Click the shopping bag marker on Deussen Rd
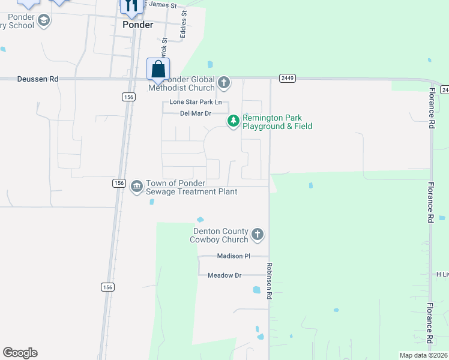[158, 70]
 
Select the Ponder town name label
[137, 25]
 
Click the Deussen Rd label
[38, 79]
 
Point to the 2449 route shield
[286, 78]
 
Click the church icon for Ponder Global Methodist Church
[224, 82]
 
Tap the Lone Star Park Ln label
[196, 102]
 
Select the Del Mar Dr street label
[196, 113]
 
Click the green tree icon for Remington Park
[233, 121]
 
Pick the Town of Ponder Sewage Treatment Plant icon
[137, 187]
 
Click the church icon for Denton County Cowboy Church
[257, 234]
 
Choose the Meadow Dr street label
[224, 275]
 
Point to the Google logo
[20, 353]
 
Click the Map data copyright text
[423, 355]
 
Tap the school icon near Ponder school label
[43, 20]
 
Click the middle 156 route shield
[118, 182]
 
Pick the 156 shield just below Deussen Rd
[127, 97]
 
